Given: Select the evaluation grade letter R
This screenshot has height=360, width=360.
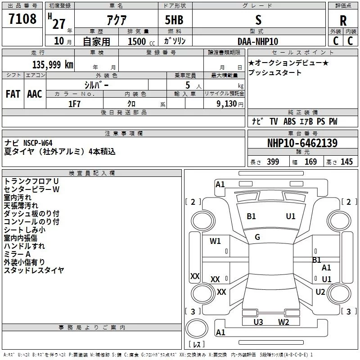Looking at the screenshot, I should click(343, 21).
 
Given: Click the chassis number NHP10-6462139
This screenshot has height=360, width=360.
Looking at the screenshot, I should click(302, 143).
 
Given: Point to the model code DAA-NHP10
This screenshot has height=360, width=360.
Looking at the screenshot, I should click(258, 41).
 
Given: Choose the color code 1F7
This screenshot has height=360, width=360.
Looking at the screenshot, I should click(74, 103).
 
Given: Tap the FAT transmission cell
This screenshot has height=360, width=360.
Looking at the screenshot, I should click(13, 94).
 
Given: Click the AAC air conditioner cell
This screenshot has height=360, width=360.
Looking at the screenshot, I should click(35, 94).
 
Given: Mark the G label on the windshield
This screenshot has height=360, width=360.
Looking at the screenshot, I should click(257, 237).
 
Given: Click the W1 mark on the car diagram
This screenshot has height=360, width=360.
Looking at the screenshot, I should click(216, 241).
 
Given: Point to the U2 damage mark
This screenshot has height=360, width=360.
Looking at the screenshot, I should click(320, 292).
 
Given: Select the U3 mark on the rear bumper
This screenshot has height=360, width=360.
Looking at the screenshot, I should click(258, 322).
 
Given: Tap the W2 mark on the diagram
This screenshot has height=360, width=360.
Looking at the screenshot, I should click(283, 322).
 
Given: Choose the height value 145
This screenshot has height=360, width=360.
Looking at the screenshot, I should click(346, 162).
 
